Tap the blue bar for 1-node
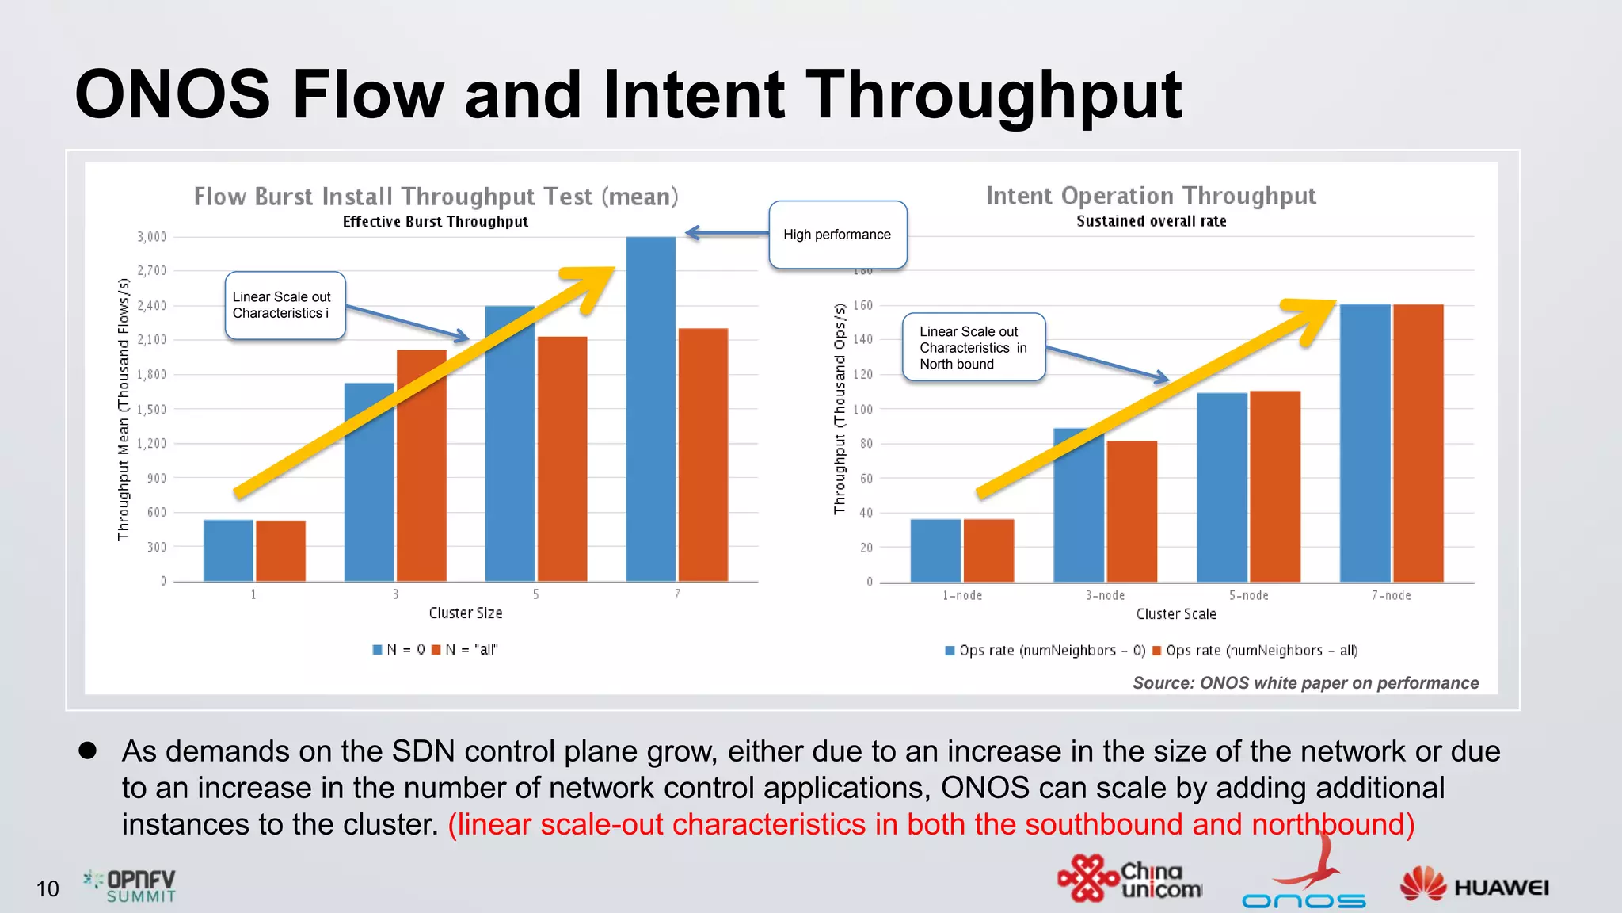pos(935,550)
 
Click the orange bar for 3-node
pos(1132,511)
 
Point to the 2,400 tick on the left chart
pos(152,305)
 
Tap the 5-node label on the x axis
pos(1248,595)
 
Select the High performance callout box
pos(837,235)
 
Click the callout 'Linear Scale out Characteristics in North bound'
pos(973,347)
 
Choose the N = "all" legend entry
pos(465,650)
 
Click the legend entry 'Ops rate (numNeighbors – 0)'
pos(1045,651)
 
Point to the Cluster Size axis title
pos(466,613)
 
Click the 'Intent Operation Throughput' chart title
pos(1151,196)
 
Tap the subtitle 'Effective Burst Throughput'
pos(435,222)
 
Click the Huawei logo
pos(1474,885)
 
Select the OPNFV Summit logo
pos(131,886)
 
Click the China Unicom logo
pos(1129,880)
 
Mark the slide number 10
pos(48,889)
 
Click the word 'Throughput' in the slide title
pos(993,95)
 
